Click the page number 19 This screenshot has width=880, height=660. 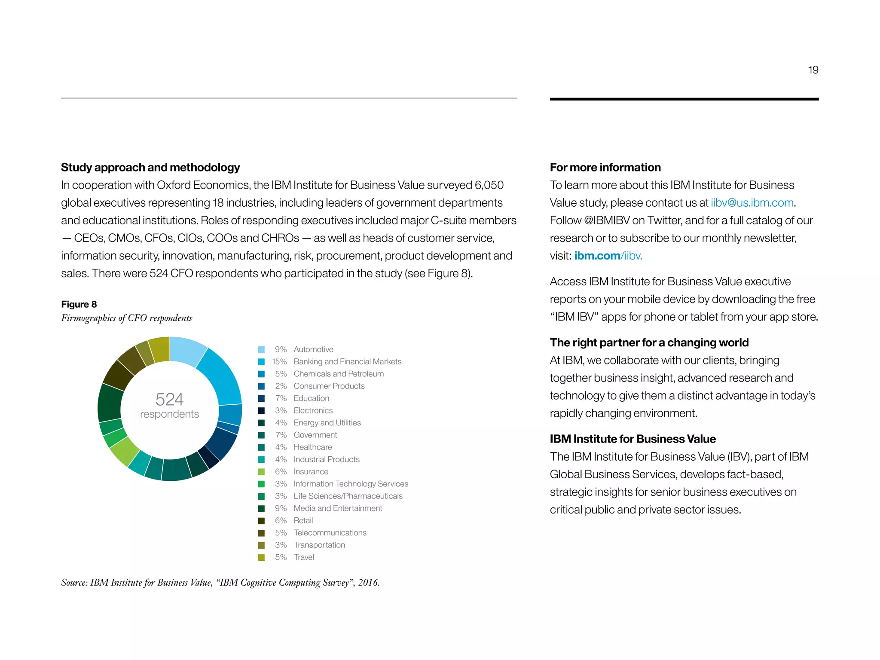point(813,70)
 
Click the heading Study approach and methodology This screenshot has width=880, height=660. point(150,167)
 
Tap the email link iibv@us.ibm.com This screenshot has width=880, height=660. point(752,202)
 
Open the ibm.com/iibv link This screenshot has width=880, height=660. point(608,256)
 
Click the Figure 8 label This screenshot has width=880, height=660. point(79,304)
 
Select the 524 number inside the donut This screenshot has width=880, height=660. point(169,399)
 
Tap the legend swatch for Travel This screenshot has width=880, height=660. point(261,557)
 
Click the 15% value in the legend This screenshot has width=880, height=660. point(279,362)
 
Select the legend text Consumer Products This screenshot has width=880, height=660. point(329,386)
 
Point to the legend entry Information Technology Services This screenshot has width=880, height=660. point(351,484)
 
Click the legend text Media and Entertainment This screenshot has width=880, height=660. point(338,508)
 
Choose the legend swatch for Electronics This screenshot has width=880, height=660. point(261,411)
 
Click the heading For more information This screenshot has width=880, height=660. point(605,167)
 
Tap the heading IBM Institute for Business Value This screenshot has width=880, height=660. point(632,439)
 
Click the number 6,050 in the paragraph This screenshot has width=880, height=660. point(489,185)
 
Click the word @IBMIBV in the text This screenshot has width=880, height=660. point(607,220)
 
